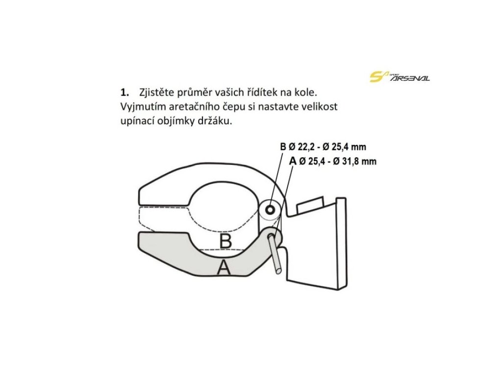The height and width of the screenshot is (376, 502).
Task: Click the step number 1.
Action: pos(125,92)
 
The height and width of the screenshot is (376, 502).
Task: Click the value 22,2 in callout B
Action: pos(307,147)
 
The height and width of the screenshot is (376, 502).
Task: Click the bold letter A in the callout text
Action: pos(293,161)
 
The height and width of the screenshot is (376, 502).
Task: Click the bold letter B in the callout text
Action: pos(282,147)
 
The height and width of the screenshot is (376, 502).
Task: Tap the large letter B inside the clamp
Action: pos(225,241)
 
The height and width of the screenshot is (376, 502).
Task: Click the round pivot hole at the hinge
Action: pos(269,211)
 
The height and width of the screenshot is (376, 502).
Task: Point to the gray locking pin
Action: pos(275,252)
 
